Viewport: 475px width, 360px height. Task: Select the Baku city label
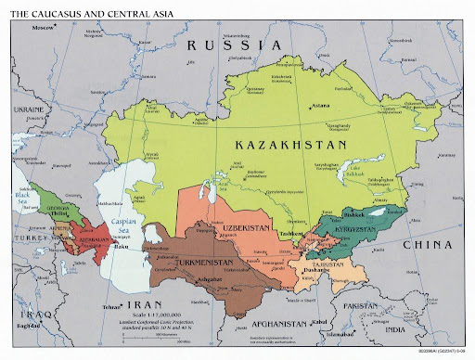pyautogui.click(x=119, y=248)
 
